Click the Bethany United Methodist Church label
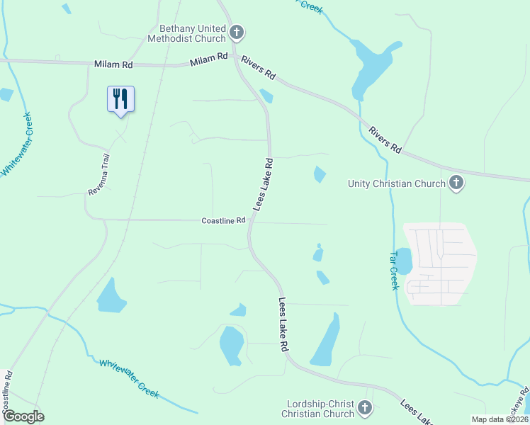coord(187,33)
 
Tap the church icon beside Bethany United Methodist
coord(237,33)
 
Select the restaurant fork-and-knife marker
coord(120,98)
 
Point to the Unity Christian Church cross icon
coord(457,183)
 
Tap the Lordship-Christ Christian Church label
coord(317,409)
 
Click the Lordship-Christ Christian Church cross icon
coord(365,408)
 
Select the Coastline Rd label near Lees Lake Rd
coord(223,220)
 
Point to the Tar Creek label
coord(394,269)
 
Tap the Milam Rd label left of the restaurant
coord(113,64)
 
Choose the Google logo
coord(23,416)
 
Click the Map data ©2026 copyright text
coord(500,419)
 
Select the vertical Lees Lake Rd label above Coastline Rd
coord(263,184)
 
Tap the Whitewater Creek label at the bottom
coord(129,378)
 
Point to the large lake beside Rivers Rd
coord(371,69)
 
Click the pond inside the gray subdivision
coord(402,261)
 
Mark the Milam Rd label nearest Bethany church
coord(208,60)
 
